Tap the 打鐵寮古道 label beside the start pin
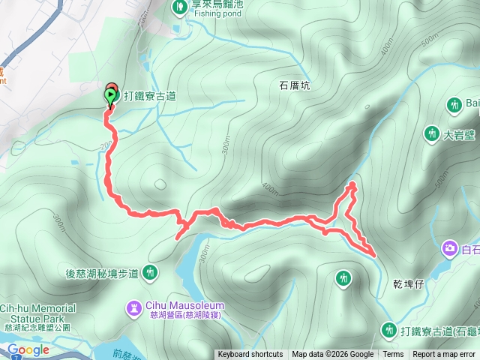150,95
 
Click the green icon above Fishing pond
180,7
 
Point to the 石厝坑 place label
295,86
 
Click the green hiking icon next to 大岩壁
432,134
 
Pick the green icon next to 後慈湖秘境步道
152,272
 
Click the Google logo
28,350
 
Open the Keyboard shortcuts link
250,355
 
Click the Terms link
393,355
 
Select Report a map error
444,355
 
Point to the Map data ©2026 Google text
333,355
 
